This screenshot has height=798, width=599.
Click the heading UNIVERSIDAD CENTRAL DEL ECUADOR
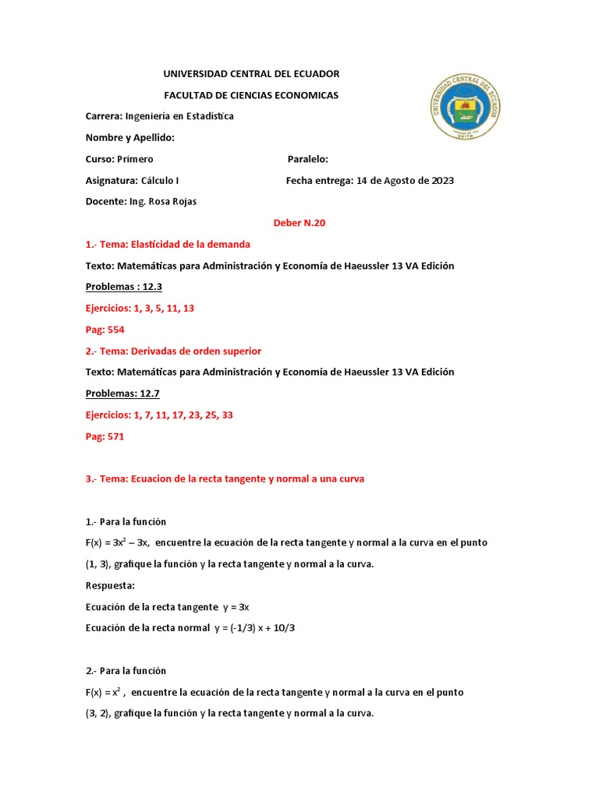(250, 74)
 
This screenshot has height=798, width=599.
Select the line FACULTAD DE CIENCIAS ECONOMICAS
(250, 95)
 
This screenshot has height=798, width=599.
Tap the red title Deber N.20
(299, 223)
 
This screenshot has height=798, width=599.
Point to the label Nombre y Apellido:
(129, 138)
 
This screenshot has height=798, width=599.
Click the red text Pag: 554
(105, 330)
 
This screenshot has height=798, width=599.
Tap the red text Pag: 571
(105, 436)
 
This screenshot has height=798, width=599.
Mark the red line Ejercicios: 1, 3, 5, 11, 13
(140, 309)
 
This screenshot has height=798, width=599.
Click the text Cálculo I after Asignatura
(160, 181)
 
